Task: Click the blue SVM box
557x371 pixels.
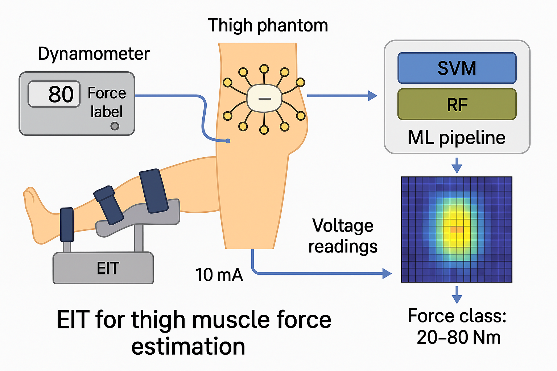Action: [457, 68]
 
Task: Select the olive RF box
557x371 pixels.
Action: [457, 104]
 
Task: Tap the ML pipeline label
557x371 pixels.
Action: [457, 138]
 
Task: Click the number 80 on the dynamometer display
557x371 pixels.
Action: [61, 94]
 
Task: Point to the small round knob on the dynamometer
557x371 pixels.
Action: [115, 126]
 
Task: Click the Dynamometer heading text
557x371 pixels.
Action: [94, 54]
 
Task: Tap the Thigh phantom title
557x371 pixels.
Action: [268, 25]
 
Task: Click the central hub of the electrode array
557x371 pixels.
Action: [264, 98]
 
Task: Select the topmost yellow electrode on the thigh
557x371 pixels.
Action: [264, 68]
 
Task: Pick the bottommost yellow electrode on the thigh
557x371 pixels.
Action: [264, 130]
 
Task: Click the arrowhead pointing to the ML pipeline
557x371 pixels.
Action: [372, 96]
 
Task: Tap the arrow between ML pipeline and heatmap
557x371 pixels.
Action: [457, 166]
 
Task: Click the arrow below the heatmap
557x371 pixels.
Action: [457, 295]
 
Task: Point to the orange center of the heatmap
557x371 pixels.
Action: [457, 230]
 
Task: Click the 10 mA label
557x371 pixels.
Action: [219, 275]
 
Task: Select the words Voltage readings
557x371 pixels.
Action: [343, 236]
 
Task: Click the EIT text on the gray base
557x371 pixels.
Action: [108, 268]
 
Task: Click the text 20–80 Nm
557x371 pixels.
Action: [458, 337]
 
